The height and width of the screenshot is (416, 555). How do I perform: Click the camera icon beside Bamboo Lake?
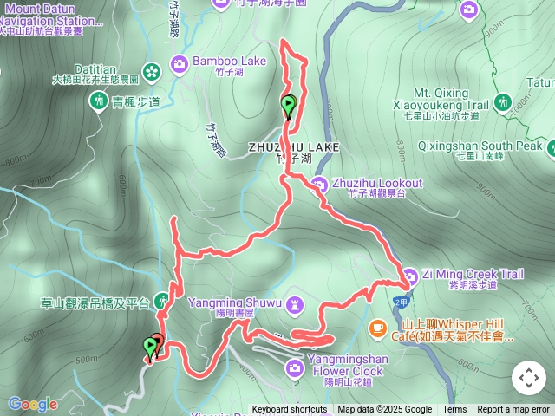click(x=180, y=62)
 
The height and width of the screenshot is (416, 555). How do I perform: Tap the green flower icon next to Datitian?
click(x=151, y=70)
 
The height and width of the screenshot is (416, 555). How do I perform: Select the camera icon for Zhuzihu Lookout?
click(x=318, y=184)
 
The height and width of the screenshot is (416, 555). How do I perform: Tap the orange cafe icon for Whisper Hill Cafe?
click(x=377, y=327)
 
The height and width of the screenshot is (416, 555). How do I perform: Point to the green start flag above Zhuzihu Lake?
click(x=288, y=106)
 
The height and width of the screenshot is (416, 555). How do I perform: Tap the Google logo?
click(x=33, y=404)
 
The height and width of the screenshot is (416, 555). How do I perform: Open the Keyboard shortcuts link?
click(x=289, y=410)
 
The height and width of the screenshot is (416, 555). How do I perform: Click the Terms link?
click(x=454, y=410)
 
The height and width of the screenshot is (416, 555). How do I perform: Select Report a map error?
click(x=513, y=410)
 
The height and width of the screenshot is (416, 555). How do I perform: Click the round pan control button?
click(x=528, y=378)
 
